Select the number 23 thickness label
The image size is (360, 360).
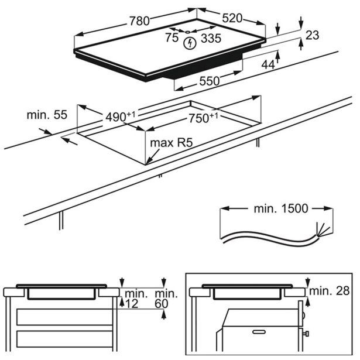312,36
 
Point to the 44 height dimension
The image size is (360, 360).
268,65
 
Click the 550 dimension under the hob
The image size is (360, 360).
209,81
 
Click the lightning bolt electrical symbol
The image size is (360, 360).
189,43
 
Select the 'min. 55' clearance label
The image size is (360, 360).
43,115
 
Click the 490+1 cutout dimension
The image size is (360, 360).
120,116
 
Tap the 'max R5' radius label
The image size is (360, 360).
172,143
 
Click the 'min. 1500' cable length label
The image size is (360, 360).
277,209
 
